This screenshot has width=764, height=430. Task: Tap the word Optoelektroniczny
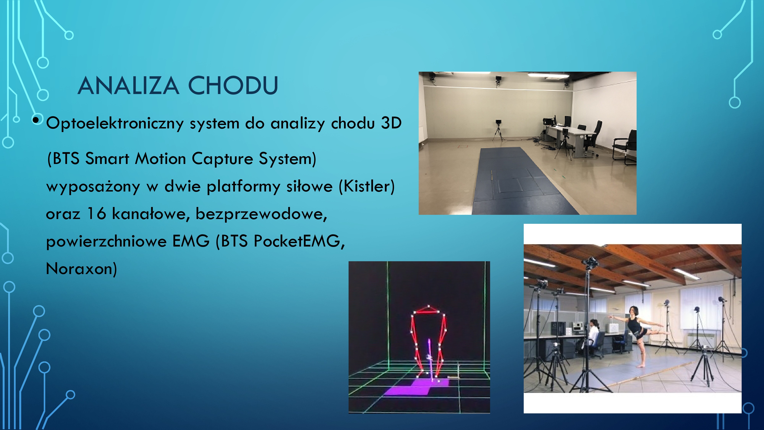pyautogui.click(x=115, y=123)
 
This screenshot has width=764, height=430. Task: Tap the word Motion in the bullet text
pyautogui.click(x=160, y=158)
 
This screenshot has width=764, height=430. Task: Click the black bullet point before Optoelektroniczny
pyautogui.click(x=36, y=120)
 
